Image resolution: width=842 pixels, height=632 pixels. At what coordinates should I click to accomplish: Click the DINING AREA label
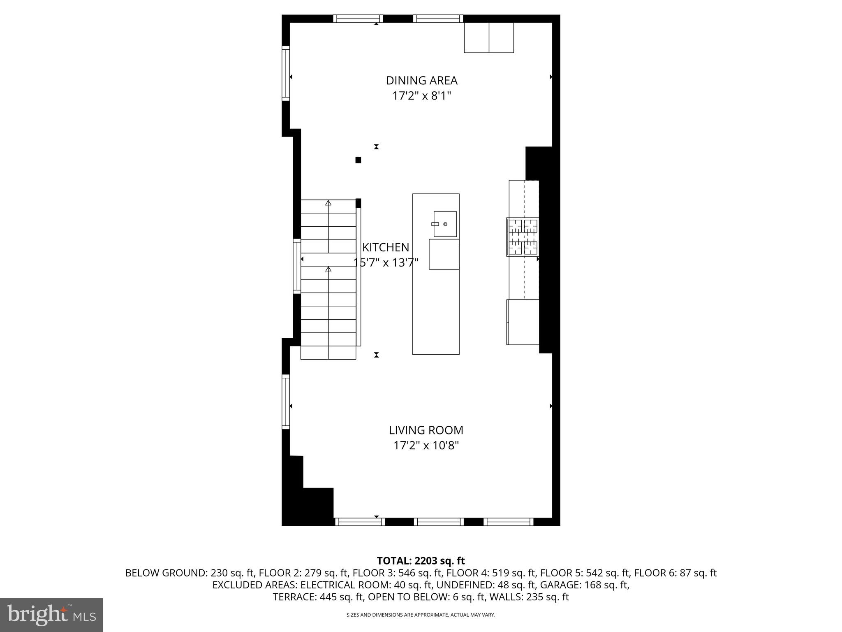421,80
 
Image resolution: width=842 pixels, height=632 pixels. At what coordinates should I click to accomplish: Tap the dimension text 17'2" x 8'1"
421,96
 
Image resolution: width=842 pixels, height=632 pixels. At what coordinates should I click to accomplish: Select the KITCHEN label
386,247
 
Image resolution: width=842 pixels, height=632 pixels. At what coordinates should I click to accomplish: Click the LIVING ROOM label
426,430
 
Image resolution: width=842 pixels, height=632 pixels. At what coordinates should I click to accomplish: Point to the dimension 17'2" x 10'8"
426,446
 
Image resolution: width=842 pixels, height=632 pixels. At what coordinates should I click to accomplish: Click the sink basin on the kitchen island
445,224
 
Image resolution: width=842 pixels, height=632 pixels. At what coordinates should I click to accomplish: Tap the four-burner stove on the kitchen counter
523,237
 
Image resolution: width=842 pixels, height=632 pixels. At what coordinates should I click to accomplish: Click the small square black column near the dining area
358,160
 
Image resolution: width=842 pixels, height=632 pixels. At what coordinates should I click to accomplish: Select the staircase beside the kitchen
328,280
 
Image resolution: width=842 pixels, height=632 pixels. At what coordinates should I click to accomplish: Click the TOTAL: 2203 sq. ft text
421,560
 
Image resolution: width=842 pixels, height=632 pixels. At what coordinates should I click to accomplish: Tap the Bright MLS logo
51,615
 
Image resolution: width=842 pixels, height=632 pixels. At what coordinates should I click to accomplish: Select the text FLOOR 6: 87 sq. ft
675,573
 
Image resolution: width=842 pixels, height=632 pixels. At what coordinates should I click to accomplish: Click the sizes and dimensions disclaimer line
421,615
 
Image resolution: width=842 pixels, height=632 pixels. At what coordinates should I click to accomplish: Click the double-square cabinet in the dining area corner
489,38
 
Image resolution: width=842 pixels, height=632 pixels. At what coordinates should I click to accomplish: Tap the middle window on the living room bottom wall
438,522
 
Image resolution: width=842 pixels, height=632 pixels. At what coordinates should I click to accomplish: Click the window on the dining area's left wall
285,74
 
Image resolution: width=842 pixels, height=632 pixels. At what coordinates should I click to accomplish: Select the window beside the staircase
297,266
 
